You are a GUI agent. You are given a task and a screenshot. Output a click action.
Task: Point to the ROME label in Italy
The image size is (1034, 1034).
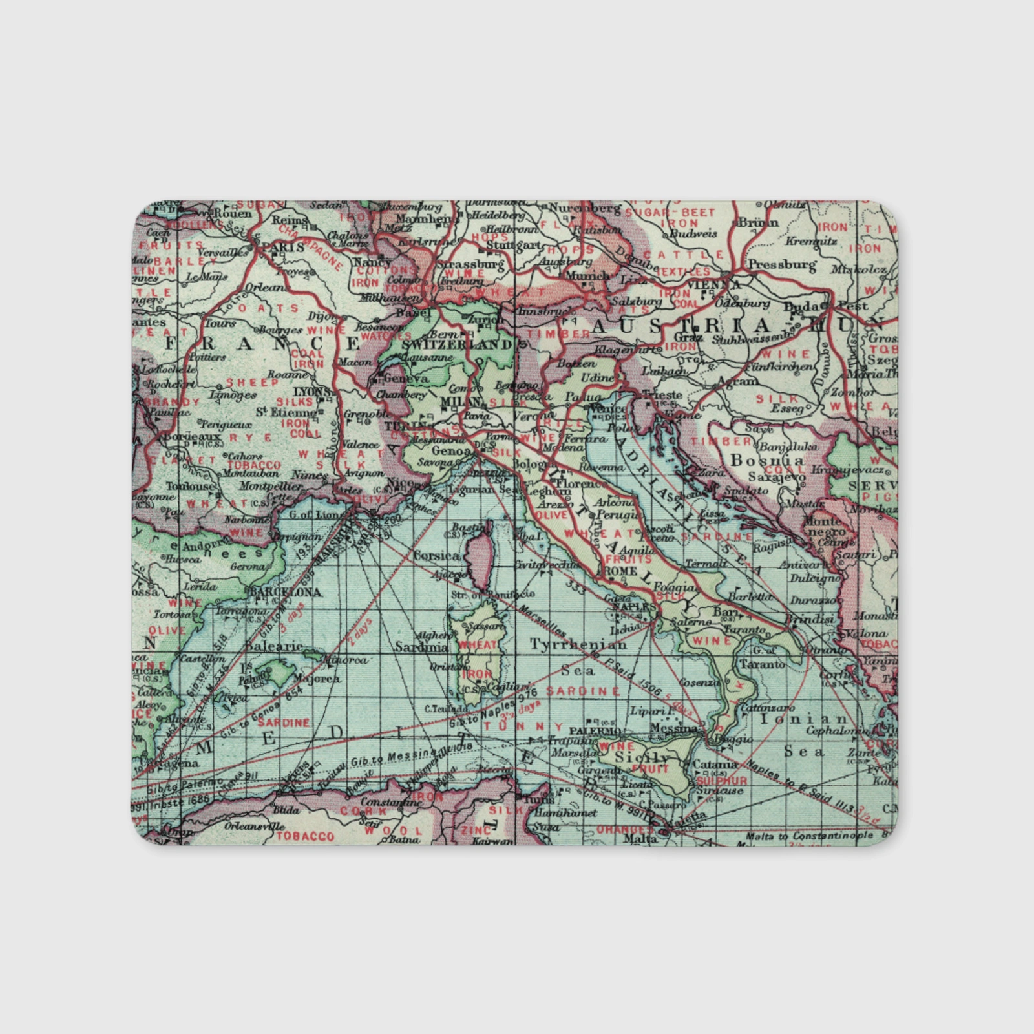(x=619, y=572)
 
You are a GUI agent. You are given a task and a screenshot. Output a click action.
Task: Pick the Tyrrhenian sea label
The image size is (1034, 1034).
(x=578, y=644)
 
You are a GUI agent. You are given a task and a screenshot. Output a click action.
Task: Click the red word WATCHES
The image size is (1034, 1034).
(x=386, y=336)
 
